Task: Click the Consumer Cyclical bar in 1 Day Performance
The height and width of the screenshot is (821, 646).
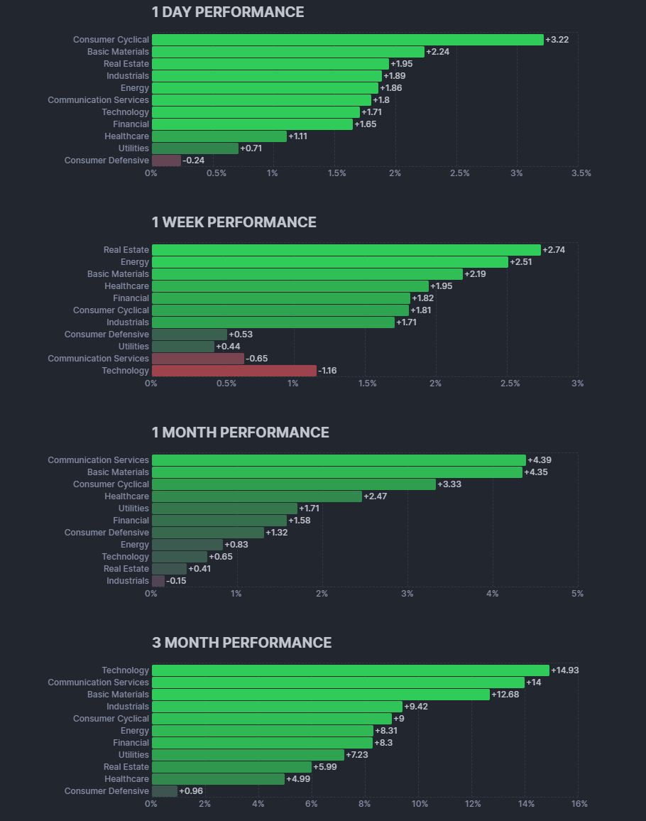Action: click(x=347, y=40)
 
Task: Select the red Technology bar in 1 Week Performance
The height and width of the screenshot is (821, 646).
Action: click(x=234, y=371)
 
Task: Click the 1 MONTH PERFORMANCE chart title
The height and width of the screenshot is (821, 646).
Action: click(x=240, y=433)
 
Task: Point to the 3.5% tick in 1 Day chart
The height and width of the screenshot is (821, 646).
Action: click(x=581, y=173)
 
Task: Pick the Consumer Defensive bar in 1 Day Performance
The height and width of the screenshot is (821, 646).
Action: click(x=166, y=161)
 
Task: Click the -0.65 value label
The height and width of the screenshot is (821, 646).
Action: click(x=257, y=359)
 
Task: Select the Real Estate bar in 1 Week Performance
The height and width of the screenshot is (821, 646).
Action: click(x=346, y=250)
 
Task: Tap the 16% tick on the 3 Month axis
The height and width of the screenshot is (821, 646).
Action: click(x=579, y=804)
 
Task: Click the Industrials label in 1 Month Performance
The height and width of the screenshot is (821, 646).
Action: click(x=128, y=581)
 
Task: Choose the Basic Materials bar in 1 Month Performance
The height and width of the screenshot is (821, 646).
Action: click(x=336, y=472)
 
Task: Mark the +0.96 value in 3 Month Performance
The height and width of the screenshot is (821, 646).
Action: click(x=191, y=791)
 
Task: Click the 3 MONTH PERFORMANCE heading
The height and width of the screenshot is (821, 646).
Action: click(x=241, y=643)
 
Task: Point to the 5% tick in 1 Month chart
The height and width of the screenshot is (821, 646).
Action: click(x=578, y=594)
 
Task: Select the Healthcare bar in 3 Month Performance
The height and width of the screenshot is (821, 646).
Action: click(x=218, y=779)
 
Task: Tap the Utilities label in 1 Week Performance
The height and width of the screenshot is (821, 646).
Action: click(x=133, y=347)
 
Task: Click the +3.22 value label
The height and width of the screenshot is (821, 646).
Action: click(x=557, y=40)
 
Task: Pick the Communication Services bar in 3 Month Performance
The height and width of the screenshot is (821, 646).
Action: click(x=338, y=683)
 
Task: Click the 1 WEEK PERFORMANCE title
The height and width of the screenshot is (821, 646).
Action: click(x=234, y=222)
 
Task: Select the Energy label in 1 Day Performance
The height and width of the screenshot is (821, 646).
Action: click(x=135, y=88)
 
